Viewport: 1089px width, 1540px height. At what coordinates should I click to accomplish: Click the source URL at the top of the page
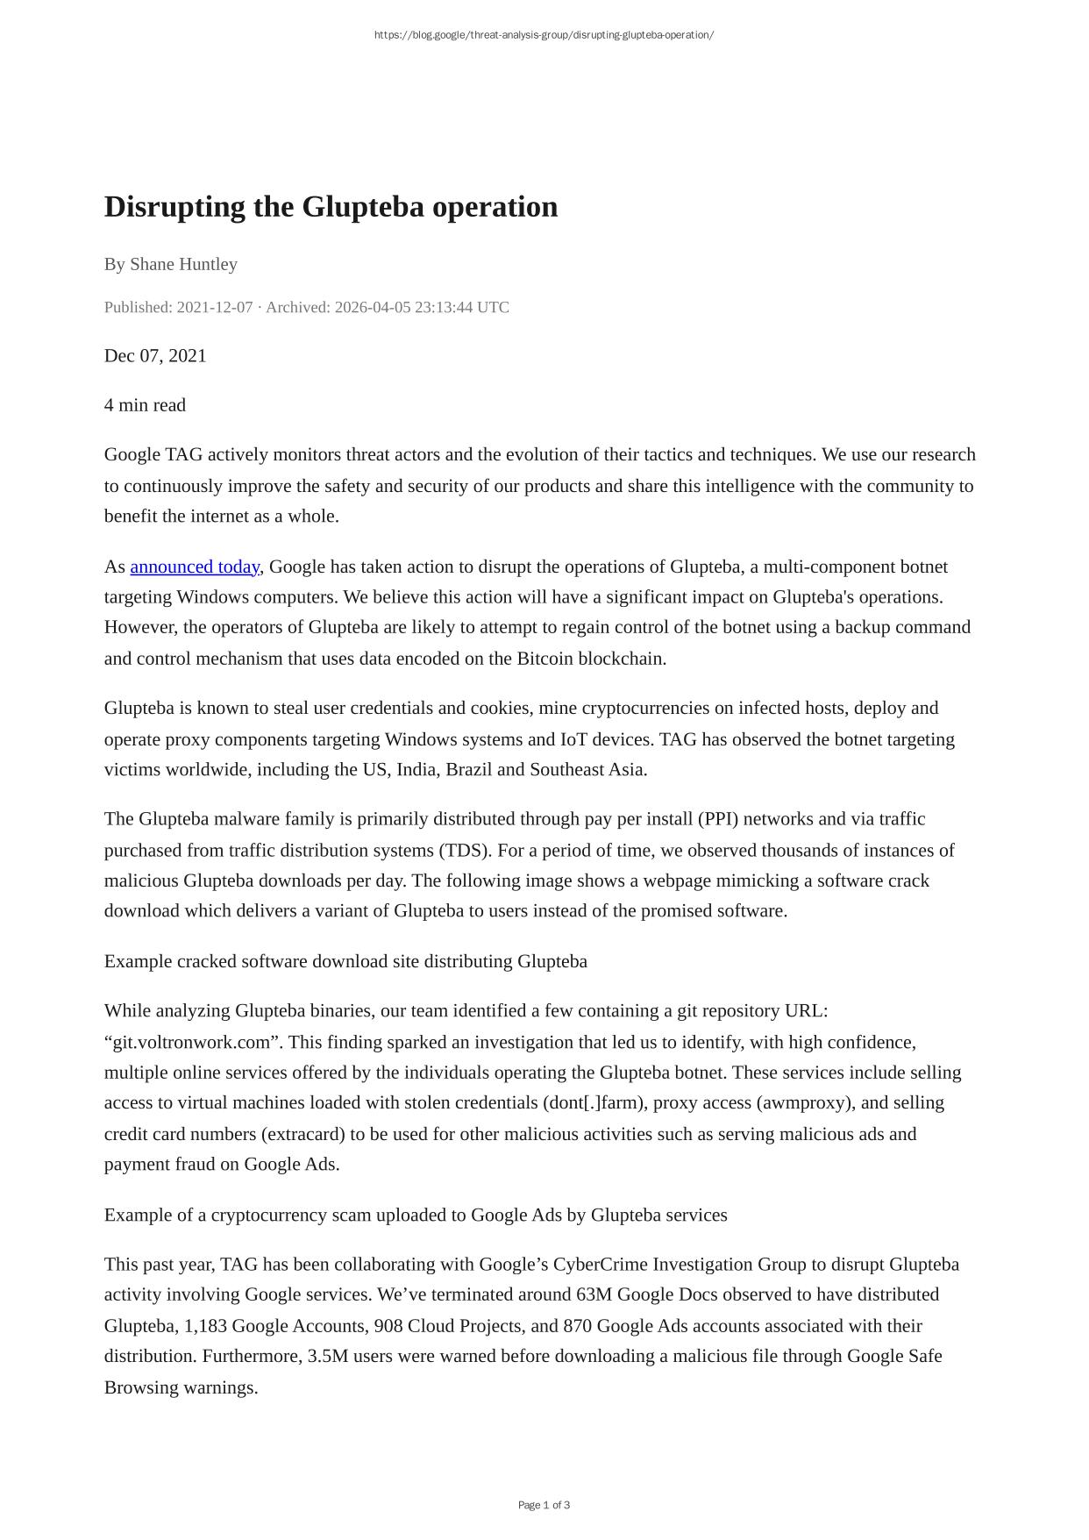(544, 35)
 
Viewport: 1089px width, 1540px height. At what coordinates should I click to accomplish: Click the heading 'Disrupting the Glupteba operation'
(331, 207)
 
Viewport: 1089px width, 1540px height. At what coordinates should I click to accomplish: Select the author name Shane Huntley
(183, 264)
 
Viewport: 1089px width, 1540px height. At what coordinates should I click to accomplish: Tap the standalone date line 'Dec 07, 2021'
(155, 355)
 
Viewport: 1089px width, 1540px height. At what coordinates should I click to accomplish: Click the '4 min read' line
(145, 404)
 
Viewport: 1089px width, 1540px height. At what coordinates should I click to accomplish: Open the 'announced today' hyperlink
(195, 567)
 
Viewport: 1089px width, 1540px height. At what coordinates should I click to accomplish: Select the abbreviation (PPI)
(718, 818)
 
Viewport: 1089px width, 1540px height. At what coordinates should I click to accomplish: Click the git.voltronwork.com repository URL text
(196, 1042)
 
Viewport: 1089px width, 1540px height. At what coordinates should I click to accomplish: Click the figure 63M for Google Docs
(594, 1294)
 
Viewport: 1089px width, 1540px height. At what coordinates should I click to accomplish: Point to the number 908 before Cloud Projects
(388, 1325)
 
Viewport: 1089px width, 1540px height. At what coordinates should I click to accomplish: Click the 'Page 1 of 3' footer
(544, 1505)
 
